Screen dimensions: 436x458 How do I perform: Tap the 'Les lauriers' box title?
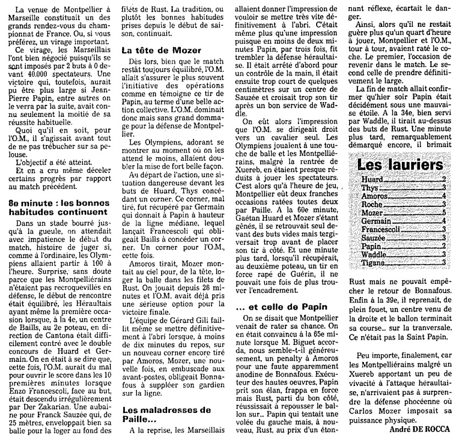click(x=400, y=165)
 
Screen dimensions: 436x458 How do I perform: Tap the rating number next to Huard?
click(x=443, y=179)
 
